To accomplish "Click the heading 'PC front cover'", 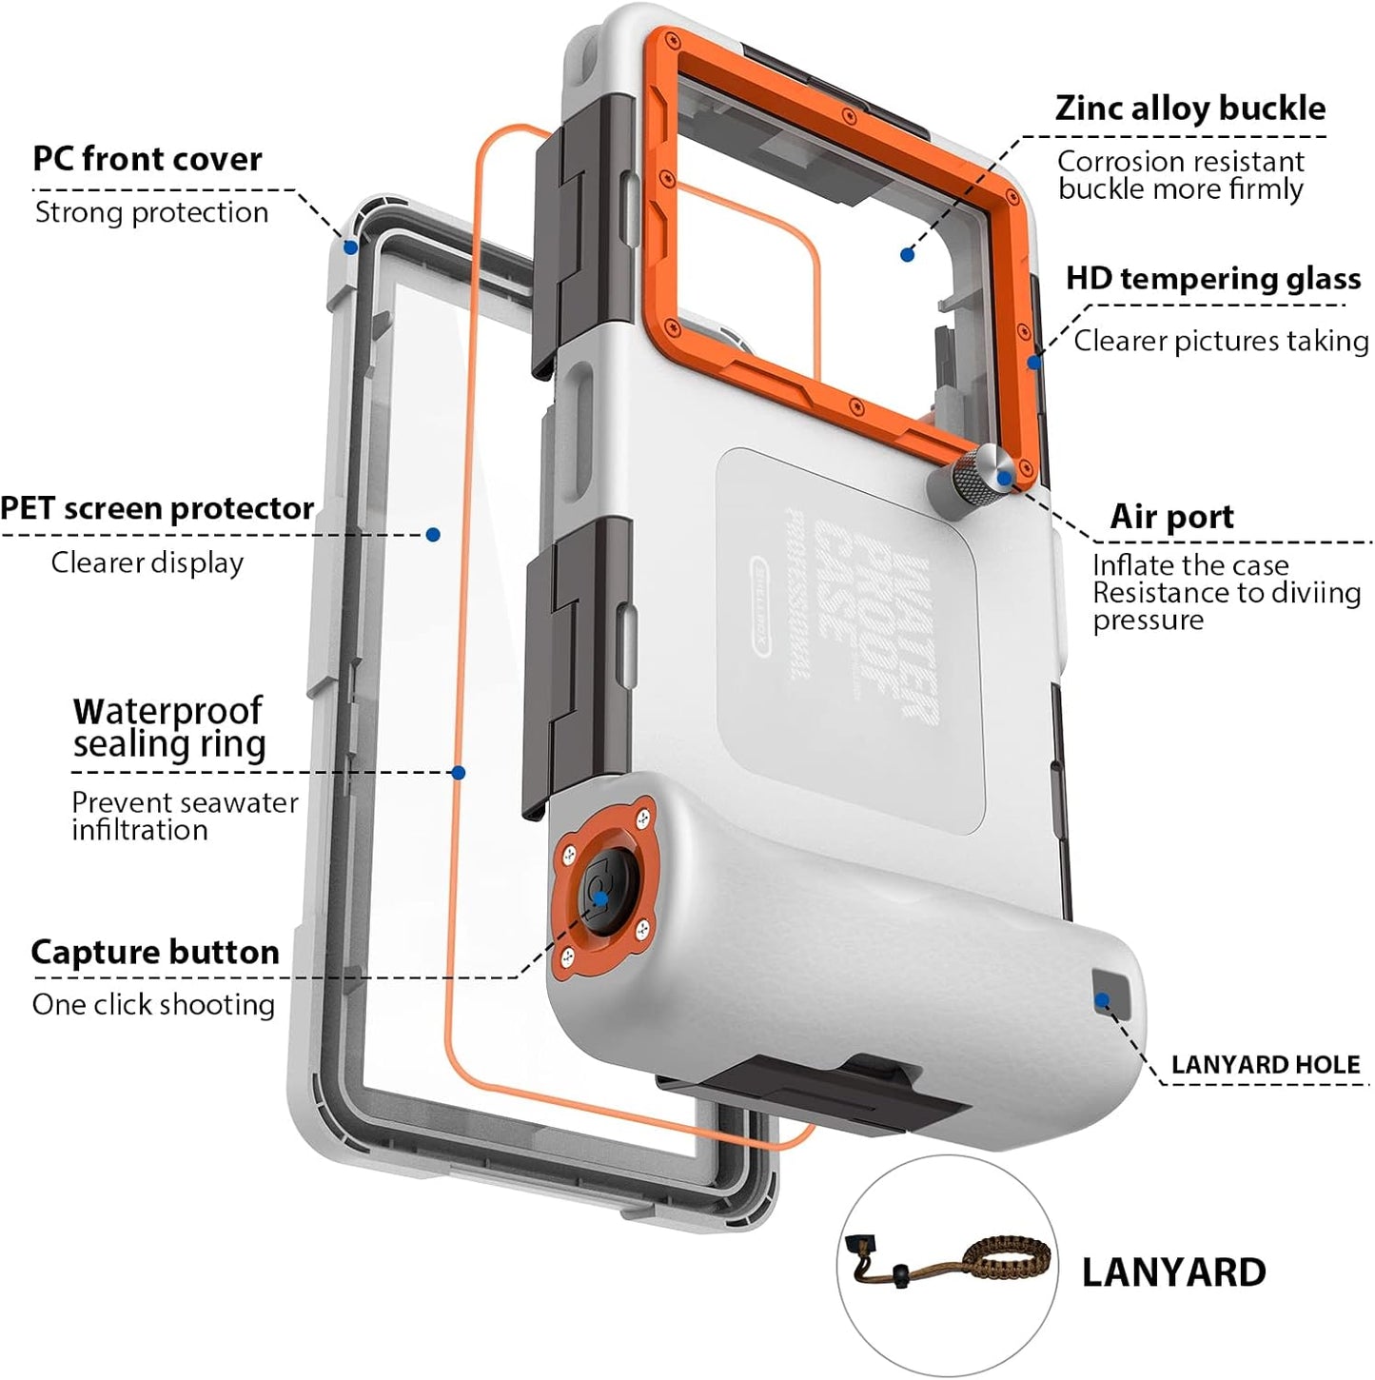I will [x=147, y=159].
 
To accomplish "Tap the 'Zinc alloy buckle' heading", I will [x=1189, y=108].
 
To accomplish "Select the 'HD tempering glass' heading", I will [x=1212, y=279].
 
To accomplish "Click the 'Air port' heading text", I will [x=1171, y=517].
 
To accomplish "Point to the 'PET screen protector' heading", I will [x=157, y=508].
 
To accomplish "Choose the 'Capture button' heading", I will [x=155, y=952].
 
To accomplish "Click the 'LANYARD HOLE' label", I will [x=1265, y=1064].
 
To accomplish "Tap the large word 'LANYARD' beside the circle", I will [x=1173, y=1272].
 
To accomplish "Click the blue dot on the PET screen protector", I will [x=433, y=534].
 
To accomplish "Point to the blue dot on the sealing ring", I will [x=459, y=773].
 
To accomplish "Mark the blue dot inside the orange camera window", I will [x=907, y=254].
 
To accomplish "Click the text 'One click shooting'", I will [x=153, y=1005].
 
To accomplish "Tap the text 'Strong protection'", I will [x=151, y=212].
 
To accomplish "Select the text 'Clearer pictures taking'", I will [x=1221, y=341].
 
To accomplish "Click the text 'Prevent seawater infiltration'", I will [x=185, y=816].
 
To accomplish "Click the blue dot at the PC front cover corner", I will [x=350, y=247].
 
